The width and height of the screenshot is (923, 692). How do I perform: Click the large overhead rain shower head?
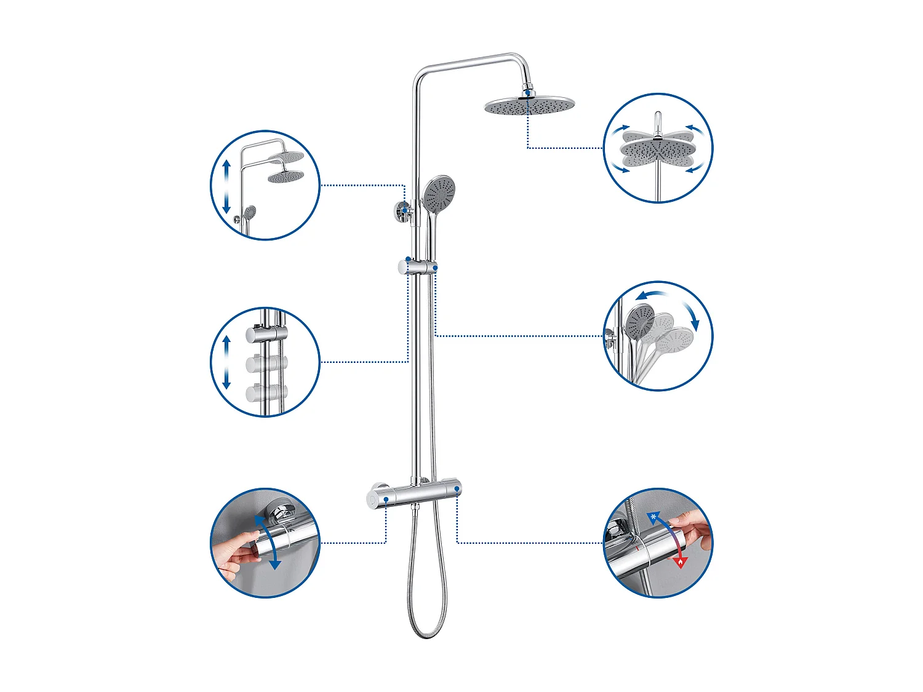529,106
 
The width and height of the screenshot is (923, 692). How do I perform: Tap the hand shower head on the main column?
439,193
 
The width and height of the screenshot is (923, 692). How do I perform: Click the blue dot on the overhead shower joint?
527,93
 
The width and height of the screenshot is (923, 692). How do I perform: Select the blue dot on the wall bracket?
404,211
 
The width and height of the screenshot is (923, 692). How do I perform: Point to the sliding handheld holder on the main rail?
418,267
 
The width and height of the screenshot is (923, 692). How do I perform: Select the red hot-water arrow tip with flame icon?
680,561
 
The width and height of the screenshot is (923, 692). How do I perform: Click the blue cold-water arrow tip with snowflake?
653,517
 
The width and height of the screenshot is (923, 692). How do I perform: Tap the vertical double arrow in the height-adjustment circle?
226,186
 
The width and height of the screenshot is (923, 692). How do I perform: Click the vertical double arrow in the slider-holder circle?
226,362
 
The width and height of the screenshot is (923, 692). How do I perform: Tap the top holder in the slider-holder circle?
266,334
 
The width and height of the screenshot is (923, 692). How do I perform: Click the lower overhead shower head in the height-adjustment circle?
286,177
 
